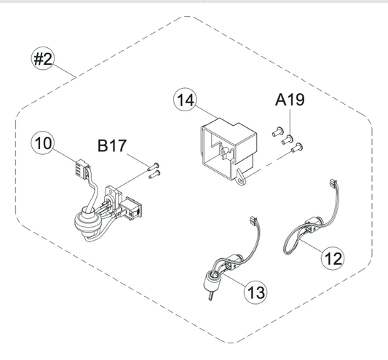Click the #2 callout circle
click(x=43, y=59)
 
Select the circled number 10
click(x=43, y=143)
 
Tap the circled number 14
click(x=186, y=100)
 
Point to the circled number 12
click(x=333, y=259)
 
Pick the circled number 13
click(x=256, y=292)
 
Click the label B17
click(x=112, y=146)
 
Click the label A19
click(x=290, y=100)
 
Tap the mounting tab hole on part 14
click(x=241, y=181)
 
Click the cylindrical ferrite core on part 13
click(x=211, y=282)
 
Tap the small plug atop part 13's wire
click(x=253, y=220)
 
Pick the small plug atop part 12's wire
click(x=333, y=183)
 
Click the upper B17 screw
click(x=153, y=167)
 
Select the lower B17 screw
click(x=154, y=174)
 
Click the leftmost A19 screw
click(x=277, y=132)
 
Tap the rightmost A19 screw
click(x=297, y=148)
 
